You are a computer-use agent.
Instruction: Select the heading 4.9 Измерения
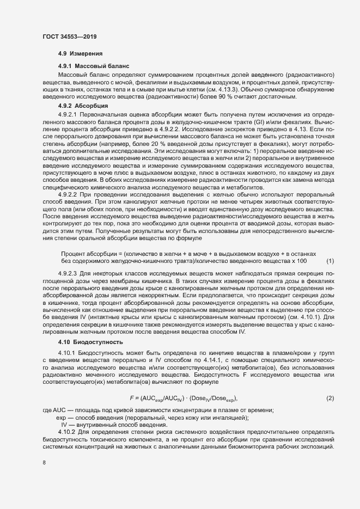77,54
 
